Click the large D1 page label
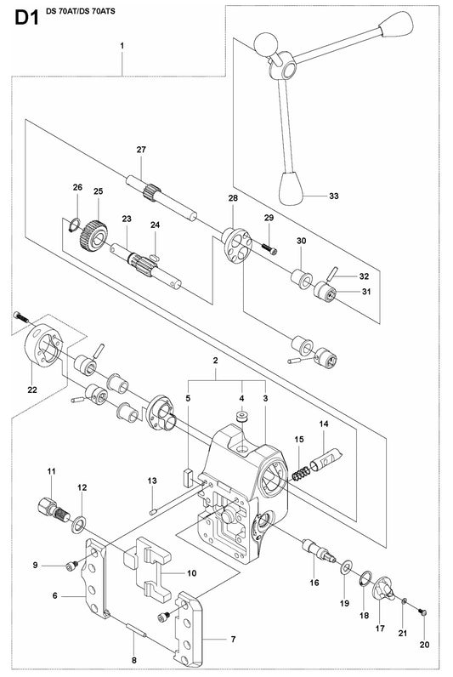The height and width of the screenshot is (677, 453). pyautogui.click(x=27, y=18)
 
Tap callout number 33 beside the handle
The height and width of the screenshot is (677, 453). pyautogui.click(x=333, y=196)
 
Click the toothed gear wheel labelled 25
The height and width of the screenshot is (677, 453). pyautogui.click(x=93, y=236)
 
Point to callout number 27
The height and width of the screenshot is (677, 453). pyautogui.click(x=141, y=150)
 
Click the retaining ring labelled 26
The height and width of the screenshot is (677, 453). pyautogui.click(x=74, y=225)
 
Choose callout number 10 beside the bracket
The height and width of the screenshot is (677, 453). pyautogui.click(x=191, y=573)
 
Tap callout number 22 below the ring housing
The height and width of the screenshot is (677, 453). pyautogui.click(x=32, y=390)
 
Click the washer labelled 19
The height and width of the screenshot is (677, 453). pyautogui.click(x=346, y=567)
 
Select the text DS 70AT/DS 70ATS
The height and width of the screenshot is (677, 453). pyautogui.click(x=81, y=11)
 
